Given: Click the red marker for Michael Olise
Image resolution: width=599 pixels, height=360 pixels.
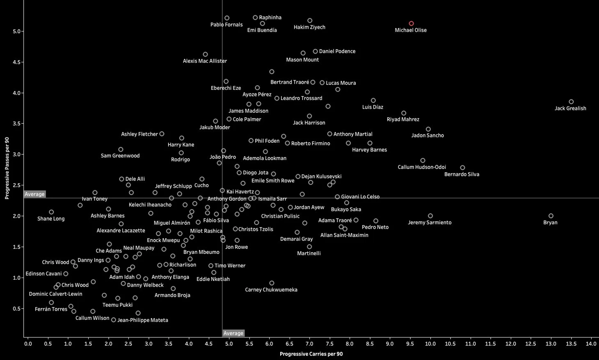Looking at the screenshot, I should (x=412, y=24).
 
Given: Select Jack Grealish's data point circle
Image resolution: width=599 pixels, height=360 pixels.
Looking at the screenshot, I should (x=571, y=102).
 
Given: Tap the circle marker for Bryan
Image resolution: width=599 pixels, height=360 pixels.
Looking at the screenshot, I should (x=551, y=216).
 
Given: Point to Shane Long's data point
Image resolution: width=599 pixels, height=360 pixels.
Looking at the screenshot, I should (x=51, y=212).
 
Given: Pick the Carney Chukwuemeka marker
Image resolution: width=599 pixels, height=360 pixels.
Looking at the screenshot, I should (x=272, y=283).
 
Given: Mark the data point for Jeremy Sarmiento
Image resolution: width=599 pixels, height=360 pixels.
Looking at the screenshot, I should (x=430, y=216).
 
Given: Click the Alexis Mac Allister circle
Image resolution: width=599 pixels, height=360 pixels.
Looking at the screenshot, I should (x=205, y=55).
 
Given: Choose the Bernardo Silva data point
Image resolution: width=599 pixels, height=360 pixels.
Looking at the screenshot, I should (x=463, y=168).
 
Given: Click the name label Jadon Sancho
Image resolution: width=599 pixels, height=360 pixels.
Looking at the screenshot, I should (x=428, y=135).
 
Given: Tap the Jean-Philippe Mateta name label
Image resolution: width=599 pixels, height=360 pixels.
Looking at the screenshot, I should (x=143, y=320).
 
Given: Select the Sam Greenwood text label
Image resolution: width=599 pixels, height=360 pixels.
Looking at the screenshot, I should (x=120, y=156).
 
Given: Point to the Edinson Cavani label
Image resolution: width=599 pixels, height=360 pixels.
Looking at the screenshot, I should (x=43, y=273).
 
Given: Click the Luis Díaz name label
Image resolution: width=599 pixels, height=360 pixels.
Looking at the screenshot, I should (x=373, y=107).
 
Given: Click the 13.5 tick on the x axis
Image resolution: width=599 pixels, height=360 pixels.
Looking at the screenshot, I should (x=571, y=344).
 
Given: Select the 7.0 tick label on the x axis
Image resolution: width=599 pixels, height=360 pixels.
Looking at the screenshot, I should (x=309, y=344).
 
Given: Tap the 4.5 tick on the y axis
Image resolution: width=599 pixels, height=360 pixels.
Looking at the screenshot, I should (x=16, y=62).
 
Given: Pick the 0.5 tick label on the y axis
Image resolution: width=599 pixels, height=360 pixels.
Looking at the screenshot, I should (x=16, y=309).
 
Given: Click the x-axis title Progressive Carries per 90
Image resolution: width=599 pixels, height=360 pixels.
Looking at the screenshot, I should (x=311, y=354).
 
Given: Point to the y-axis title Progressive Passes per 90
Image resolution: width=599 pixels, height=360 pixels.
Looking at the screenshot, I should (x=7, y=168).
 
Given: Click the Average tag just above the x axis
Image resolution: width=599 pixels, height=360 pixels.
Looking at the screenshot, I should (x=233, y=333).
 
